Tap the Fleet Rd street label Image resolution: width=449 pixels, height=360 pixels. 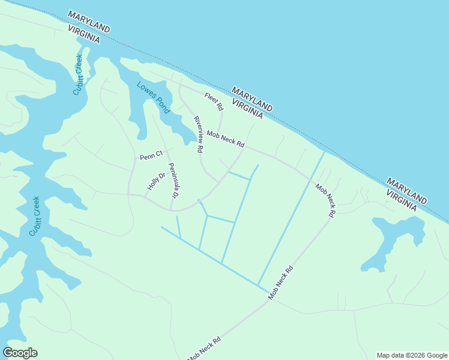213,102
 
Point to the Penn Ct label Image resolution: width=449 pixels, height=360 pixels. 151,155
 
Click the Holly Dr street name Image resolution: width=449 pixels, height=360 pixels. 156,182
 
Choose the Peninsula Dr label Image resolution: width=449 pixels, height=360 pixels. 173,181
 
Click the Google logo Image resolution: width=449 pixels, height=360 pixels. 20,353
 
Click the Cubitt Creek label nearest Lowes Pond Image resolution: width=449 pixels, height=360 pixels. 79,74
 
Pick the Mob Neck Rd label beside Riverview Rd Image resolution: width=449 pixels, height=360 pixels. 225,140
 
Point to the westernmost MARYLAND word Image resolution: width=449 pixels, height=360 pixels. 89,21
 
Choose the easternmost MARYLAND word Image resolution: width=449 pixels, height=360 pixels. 407,190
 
